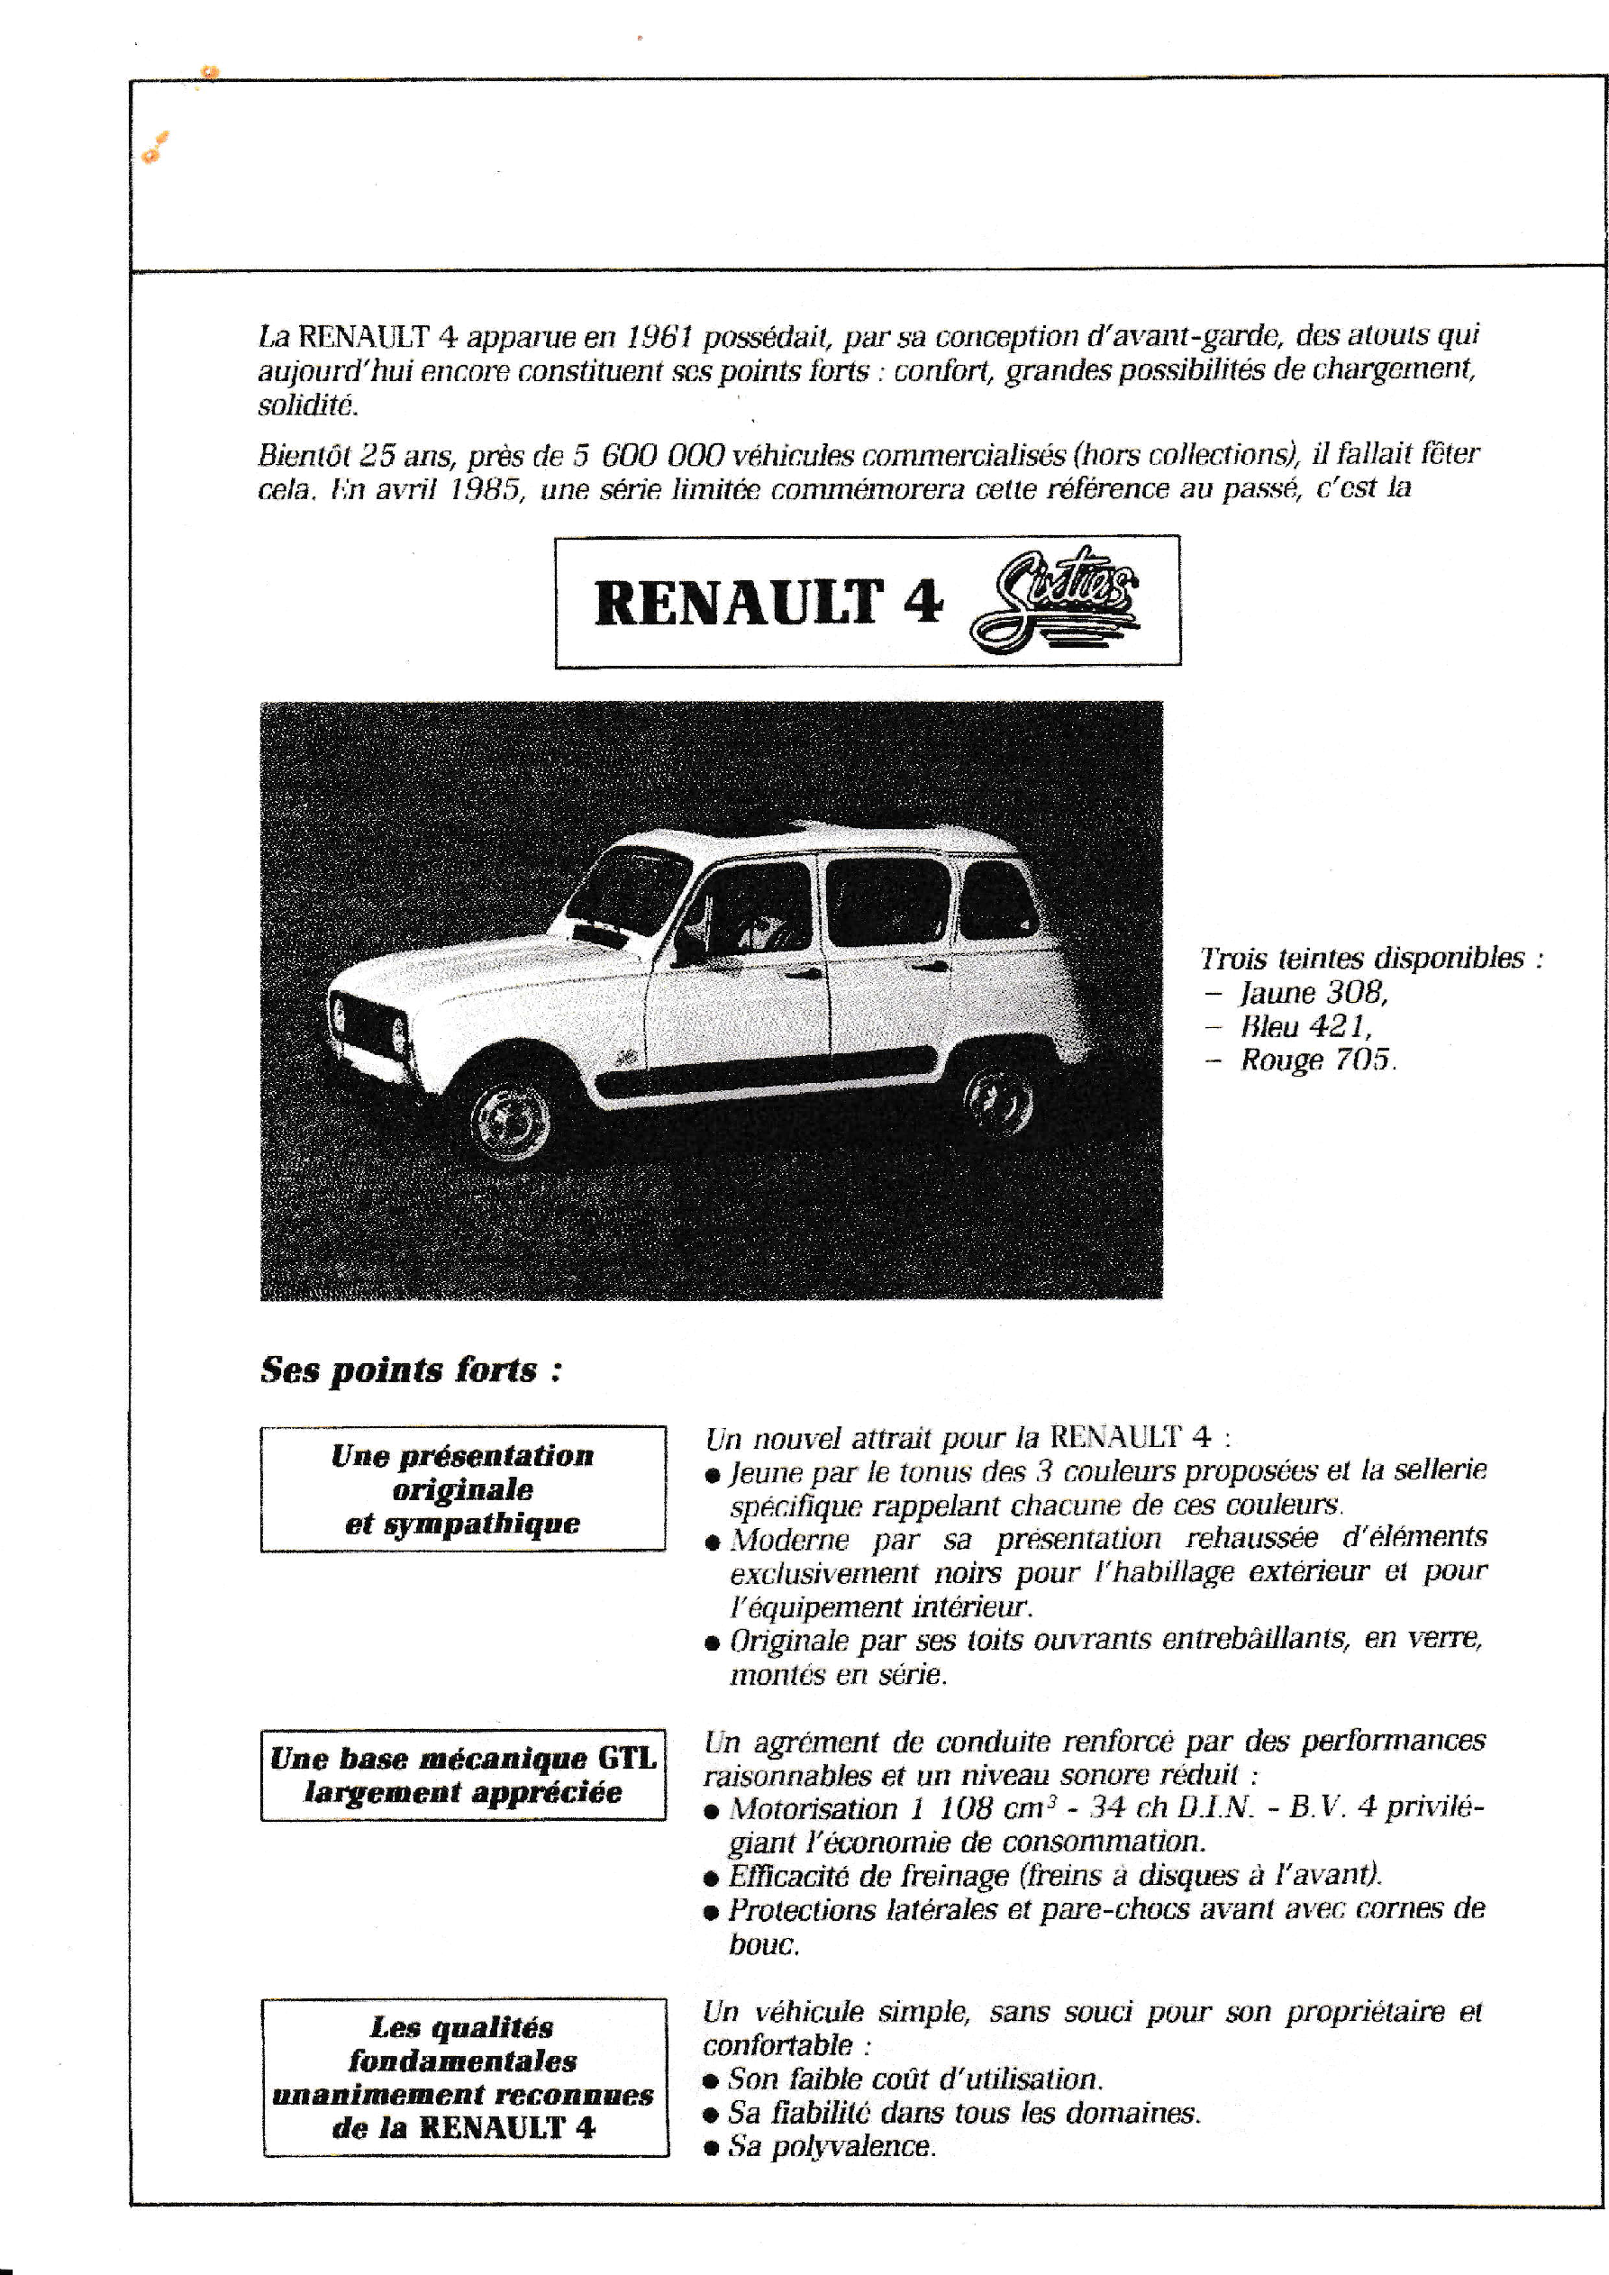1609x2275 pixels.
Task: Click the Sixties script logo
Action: point(1054,599)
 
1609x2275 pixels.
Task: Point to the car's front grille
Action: point(368,1025)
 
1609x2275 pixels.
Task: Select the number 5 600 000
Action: point(649,455)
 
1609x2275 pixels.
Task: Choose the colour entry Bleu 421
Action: point(1305,1026)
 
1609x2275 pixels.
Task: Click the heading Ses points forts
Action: point(411,1370)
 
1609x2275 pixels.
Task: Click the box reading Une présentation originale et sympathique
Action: point(463,1488)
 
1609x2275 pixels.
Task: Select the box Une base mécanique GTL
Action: point(463,1775)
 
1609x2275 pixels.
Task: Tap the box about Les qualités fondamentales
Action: point(465,2076)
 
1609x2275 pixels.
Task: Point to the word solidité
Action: point(307,405)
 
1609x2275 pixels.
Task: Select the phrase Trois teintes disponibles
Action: point(1362,958)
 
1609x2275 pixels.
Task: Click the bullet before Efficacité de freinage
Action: point(711,1878)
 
